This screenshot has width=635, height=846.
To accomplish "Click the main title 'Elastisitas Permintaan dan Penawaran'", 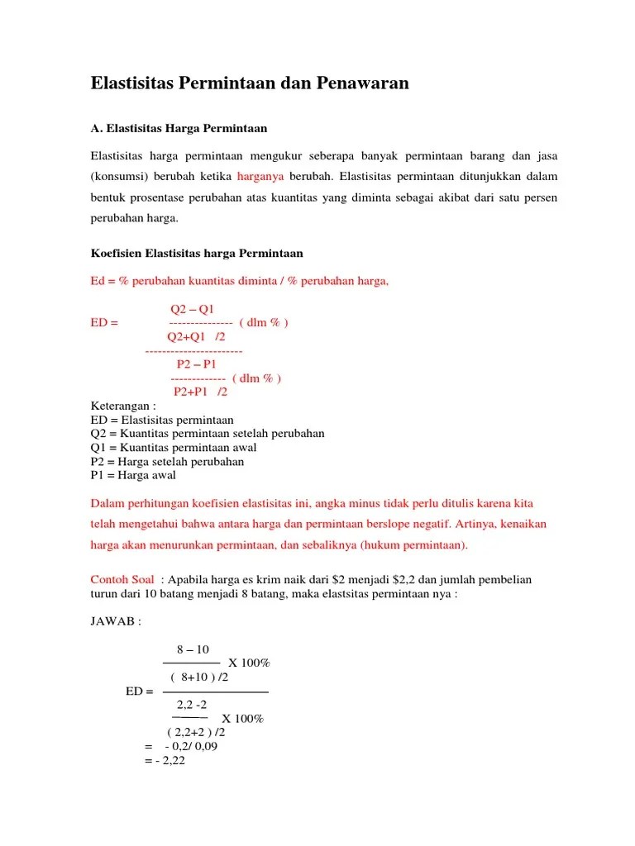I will click(x=249, y=83).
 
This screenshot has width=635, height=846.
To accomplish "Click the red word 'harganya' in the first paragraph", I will click(x=260, y=176).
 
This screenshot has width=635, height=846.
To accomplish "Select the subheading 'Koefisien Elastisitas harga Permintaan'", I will click(x=197, y=253).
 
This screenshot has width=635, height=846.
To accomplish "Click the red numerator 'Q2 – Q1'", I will click(x=192, y=309).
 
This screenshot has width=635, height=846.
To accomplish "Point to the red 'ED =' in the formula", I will click(x=104, y=323).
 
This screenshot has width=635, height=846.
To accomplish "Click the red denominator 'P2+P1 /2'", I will click(x=199, y=392).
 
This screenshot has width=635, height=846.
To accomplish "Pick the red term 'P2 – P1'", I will click(x=197, y=364).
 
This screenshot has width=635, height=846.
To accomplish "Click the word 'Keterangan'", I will click(x=119, y=406).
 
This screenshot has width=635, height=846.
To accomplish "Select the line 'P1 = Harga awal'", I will click(x=132, y=476).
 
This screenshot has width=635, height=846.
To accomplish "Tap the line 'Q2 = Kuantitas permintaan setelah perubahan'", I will click(x=207, y=434).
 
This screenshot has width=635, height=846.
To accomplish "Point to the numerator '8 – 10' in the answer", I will click(x=193, y=650).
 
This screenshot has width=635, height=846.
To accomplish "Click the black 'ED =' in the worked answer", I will click(x=139, y=692).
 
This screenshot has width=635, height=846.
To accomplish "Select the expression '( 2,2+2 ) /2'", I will click(x=196, y=732).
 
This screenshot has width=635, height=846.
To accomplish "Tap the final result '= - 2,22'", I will click(x=165, y=761).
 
